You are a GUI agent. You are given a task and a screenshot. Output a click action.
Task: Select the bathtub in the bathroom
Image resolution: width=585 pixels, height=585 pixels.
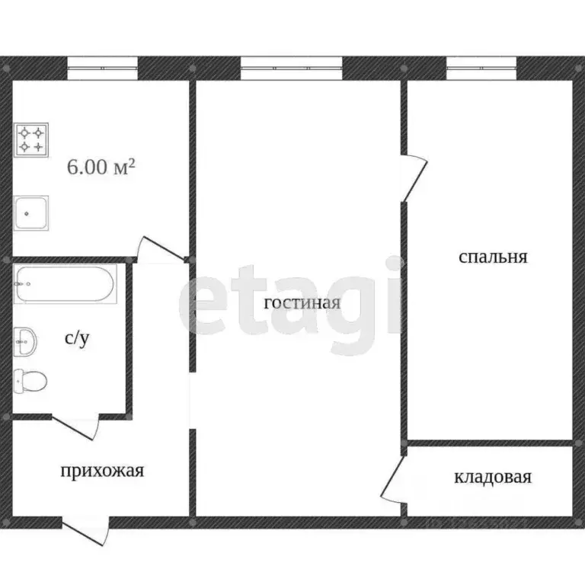coord(64,284)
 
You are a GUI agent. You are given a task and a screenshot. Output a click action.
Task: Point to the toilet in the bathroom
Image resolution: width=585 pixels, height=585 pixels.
coord(29,379)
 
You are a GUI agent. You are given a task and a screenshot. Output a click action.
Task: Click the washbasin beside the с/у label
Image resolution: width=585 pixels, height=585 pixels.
coord(24,340)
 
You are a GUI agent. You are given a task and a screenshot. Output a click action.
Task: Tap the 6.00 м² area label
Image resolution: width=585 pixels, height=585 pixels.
coord(101,167)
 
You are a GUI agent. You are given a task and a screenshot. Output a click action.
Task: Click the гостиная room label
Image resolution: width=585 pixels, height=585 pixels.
coord(302,303)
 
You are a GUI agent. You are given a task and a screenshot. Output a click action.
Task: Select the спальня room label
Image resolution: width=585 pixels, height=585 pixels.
coord(493,257)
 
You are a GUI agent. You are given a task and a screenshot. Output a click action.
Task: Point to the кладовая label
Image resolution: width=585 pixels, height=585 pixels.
coord(492,478)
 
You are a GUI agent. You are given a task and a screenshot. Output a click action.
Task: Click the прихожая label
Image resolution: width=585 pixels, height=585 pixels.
coord(102,471)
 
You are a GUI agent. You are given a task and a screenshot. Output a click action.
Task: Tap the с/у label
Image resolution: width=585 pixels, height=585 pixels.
coord(77,339)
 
